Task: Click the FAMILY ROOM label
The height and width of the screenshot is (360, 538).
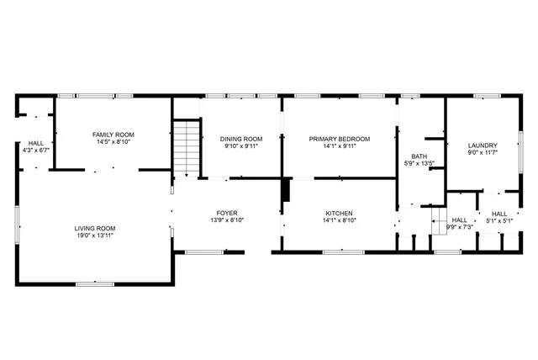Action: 113,135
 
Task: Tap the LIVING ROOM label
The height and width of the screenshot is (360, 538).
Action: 94,228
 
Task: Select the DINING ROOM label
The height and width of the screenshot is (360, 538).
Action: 241,139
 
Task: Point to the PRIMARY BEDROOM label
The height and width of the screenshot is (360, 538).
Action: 340,139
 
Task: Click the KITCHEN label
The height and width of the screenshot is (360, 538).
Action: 339,214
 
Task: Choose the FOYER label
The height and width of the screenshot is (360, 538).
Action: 227,214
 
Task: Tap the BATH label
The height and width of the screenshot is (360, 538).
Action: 419,156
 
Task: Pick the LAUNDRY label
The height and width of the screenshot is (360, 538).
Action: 483,145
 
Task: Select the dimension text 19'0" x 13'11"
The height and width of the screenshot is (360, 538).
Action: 94,236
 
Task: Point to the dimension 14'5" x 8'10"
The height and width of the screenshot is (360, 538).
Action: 113,142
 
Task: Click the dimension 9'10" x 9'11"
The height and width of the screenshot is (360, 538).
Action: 241,146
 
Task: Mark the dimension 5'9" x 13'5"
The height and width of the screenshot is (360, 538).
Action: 419,164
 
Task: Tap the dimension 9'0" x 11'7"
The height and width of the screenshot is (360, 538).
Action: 483,152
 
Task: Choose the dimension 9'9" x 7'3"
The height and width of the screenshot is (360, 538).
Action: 460,226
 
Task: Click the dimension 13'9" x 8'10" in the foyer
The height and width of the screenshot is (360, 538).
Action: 227,221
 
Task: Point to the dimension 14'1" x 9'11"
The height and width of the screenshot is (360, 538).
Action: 340,146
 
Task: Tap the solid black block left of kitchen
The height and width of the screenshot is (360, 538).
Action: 287,190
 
